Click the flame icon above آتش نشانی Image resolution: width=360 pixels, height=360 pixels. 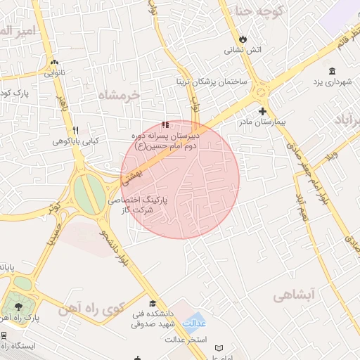point(243,39)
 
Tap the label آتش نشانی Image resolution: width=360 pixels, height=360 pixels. point(243,50)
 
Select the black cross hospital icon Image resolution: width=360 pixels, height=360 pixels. point(262,111)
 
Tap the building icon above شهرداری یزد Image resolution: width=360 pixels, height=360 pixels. point(332,70)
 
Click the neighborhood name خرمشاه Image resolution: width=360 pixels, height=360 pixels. point(120,94)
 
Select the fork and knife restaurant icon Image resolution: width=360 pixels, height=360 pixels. point(75,130)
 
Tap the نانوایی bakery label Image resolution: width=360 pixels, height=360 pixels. point(55,72)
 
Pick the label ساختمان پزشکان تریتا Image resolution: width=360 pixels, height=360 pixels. point(213,82)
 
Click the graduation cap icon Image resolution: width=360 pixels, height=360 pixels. point(153,303)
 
